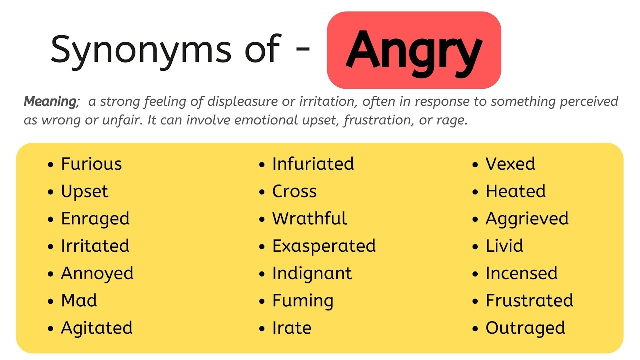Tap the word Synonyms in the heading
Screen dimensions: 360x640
pyautogui.click(x=141, y=49)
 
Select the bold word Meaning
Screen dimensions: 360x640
pyautogui.click(x=50, y=102)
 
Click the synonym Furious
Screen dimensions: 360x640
pyautogui.click(x=91, y=164)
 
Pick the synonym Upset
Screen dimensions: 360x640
pyautogui.click(x=84, y=192)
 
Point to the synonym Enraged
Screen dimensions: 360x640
pyautogui.click(x=95, y=219)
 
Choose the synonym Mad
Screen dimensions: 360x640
pyautogui.click(x=79, y=301)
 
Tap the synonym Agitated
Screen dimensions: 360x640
pyautogui.click(x=97, y=328)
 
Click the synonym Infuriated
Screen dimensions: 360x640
pyautogui.click(x=313, y=164)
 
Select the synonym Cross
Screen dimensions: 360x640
pyautogui.click(x=294, y=191)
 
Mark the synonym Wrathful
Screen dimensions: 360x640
pyautogui.click(x=309, y=219)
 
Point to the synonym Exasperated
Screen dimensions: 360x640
pyautogui.click(x=324, y=246)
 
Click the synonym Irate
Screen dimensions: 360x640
pyautogui.click(x=292, y=328)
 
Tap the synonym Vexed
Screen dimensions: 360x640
pyautogui.click(x=510, y=164)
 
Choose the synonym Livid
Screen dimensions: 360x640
pyautogui.click(x=504, y=246)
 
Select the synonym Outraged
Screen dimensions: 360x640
pyautogui.click(x=525, y=328)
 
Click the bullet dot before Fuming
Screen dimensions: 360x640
pyautogui.click(x=262, y=301)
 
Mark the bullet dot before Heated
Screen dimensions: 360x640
pyautogui.click(x=475, y=192)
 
